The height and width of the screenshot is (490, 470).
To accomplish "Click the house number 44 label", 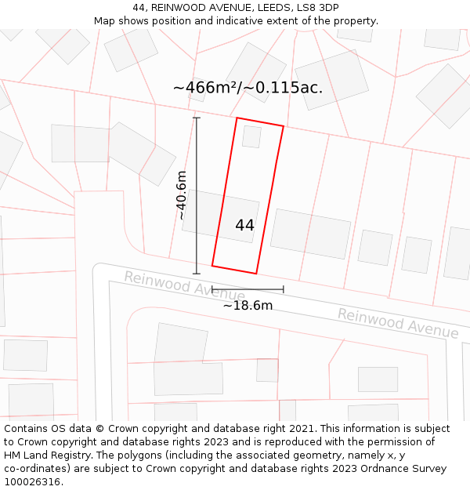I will (244, 225).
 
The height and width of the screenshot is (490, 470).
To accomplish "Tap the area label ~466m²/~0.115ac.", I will (248, 87).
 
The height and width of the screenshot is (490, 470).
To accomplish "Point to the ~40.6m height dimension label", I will (182, 195).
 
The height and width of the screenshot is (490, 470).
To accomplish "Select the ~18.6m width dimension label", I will (248, 305).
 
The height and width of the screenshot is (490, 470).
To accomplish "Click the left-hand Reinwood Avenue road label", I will (184, 286).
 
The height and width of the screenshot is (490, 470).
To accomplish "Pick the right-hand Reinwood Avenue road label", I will (398, 323).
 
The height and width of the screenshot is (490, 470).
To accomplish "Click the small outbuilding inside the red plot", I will (251, 136).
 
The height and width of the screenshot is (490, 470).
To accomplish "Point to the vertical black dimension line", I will (197, 195).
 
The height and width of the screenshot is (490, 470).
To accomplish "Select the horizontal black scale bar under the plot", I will (248, 289).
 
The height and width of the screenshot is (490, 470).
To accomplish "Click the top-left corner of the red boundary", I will (237, 118).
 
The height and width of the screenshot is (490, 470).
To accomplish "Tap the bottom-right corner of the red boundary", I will (257, 273).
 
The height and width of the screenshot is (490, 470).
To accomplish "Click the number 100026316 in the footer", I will (32, 482).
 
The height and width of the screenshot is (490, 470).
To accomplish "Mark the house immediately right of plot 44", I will (311, 234).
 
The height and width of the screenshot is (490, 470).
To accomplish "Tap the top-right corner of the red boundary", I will (284, 127).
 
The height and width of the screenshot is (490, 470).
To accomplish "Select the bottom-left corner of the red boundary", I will (212, 265).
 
